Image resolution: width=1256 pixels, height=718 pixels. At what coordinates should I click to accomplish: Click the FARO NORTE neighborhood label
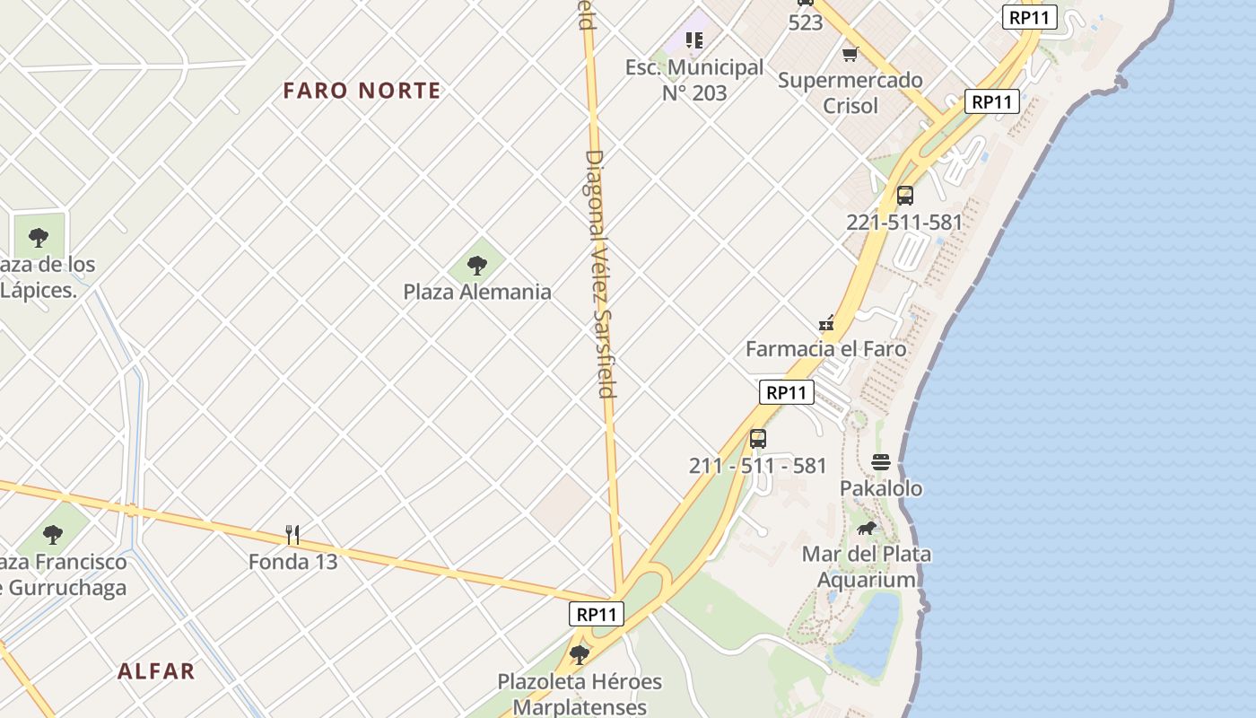click(x=362, y=91)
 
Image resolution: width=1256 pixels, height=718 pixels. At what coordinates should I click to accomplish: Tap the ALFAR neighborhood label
click(x=156, y=671)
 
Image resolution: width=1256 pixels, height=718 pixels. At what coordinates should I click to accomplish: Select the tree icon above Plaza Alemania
click(x=477, y=265)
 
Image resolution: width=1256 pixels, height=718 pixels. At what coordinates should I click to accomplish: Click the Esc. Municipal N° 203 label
click(x=694, y=80)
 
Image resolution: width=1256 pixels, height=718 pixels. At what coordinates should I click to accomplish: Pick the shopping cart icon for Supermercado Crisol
click(x=850, y=54)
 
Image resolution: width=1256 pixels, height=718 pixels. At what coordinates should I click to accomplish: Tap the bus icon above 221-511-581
click(x=904, y=196)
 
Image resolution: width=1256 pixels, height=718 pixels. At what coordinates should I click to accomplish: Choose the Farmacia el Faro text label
click(x=825, y=349)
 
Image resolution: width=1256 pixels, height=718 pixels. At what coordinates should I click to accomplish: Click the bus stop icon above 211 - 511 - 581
click(x=758, y=439)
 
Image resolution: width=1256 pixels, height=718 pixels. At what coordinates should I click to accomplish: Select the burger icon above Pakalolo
click(x=881, y=462)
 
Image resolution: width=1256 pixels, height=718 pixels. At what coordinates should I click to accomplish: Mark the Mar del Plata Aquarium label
click(x=866, y=566)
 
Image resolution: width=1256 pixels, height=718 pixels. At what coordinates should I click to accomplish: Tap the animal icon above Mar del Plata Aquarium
click(x=866, y=528)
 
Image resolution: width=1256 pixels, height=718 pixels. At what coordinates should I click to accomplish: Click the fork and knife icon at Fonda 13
click(x=292, y=535)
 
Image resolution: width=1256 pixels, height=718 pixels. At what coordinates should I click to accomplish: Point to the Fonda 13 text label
click(x=292, y=562)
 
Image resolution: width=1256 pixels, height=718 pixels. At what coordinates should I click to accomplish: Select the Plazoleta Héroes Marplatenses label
click(x=580, y=694)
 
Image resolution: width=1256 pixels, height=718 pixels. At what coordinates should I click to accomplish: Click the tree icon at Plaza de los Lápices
click(x=39, y=238)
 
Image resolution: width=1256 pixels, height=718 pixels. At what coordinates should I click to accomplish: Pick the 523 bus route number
click(x=806, y=22)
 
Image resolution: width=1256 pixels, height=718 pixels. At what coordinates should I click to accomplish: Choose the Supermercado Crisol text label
click(x=850, y=92)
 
